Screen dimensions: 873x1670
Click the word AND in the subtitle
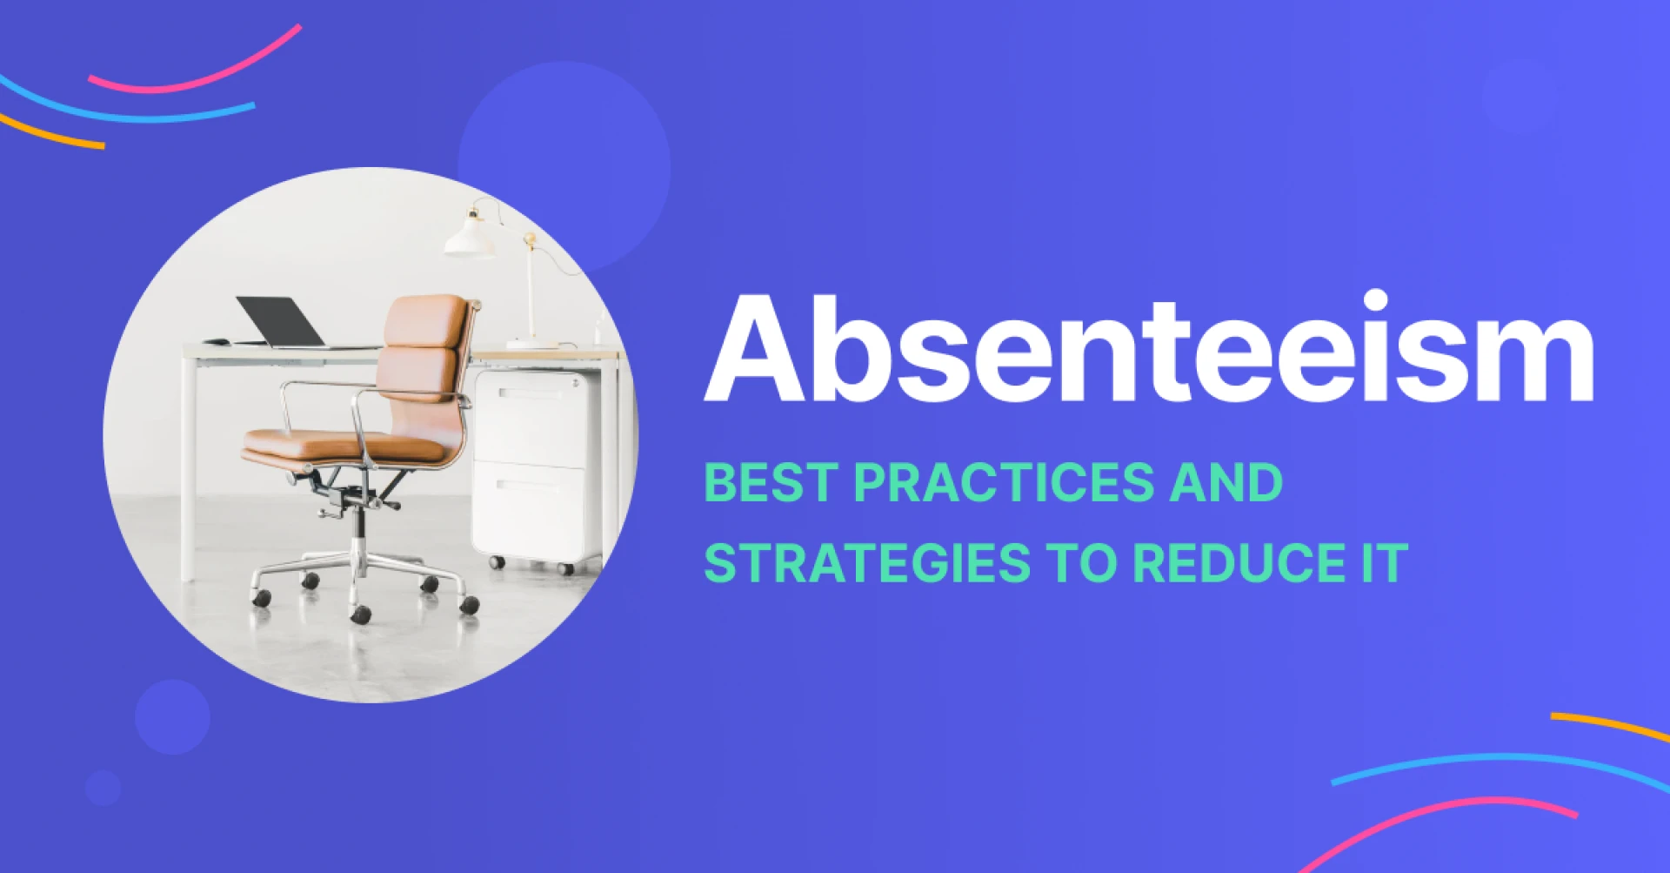tap(1226, 483)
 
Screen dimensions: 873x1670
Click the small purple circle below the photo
tap(172, 716)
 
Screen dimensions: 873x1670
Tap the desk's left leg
tap(188, 470)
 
